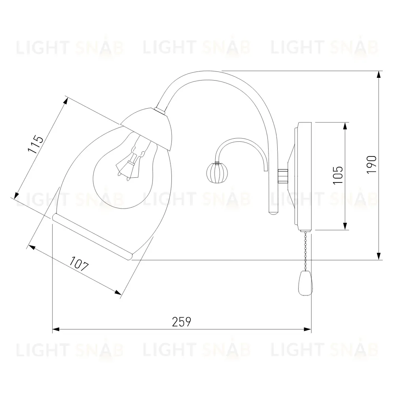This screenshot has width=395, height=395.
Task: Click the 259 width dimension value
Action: [181, 322]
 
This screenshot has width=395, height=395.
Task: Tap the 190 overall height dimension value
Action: [372, 164]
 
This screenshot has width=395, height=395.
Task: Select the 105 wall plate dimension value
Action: [338, 175]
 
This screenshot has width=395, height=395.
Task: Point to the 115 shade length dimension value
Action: [36, 144]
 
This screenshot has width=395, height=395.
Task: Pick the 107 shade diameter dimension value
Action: [79, 263]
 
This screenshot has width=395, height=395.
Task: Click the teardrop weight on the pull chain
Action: [305, 283]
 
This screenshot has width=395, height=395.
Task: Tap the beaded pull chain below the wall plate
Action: [306, 251]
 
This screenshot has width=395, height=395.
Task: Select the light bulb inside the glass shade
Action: [125, 171]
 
